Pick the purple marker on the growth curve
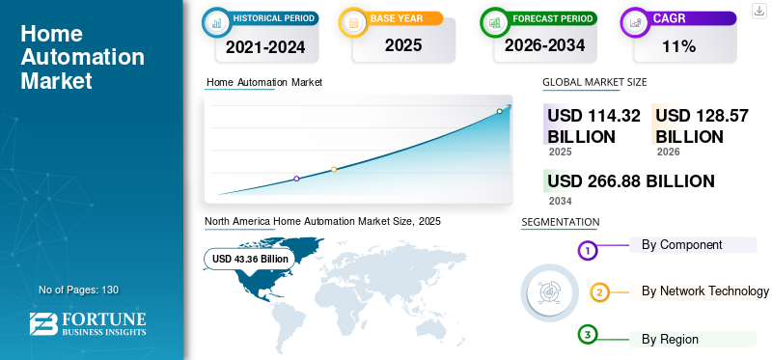point(296,179)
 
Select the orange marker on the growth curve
point(334,170)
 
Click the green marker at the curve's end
point(499,112)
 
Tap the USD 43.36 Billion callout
point(250,259)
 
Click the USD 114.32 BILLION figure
point(593,125)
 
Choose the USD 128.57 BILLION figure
point(702,125)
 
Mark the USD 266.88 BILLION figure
point(630,181)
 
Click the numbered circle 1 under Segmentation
point(588,251)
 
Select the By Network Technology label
point(704,291)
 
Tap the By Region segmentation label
point(670,339)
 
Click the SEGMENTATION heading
point(560,222)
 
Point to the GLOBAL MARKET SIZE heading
point(594,82)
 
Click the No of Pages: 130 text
point(78,290)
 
